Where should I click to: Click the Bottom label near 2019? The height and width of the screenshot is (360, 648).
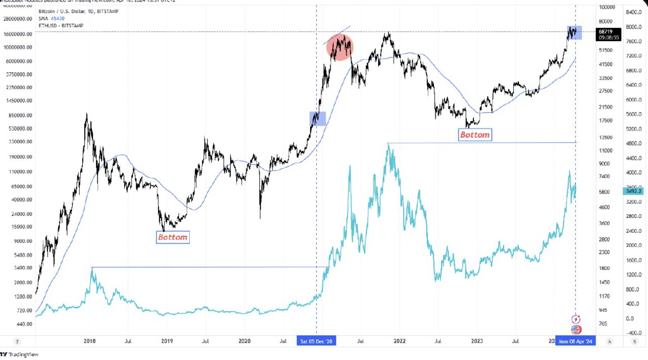pyautogui.click(x=173, y=237)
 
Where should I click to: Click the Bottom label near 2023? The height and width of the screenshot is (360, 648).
pyautogui.click(x=475, y=135)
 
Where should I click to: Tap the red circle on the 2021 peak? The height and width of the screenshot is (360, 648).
pyautogui.click(x=340, y=47)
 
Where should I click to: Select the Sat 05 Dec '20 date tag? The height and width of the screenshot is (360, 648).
pyautogui.click(x=316, y=341)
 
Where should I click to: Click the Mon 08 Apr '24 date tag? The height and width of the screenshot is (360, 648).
pyautogui.click(x=575, y=341)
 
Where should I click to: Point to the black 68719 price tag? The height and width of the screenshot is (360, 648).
pyautogui.click(x=608, y=34)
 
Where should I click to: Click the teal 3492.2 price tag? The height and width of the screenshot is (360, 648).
pyautogui.click(x=633, y=191)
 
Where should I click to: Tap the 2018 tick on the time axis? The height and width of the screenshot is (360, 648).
pyautogui.click(x=90, y=341)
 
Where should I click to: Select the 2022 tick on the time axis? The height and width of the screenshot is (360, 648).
pyautogui.click(x=399, y=341)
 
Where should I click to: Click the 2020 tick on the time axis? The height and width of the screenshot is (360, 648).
pyautogui.click(x=244, y=341)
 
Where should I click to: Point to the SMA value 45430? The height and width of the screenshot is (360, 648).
pyautogui.click(x=58, y=18)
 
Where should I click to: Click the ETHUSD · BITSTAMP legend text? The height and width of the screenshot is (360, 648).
pyautogui.click(x=61, y=25)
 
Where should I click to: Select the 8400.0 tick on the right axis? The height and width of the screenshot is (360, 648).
pyautogui.click(x=633, y=12)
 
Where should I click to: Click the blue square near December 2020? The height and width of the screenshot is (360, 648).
pyautogui.click(x=317, y=119)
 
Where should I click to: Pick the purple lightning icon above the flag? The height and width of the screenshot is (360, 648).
pyautogui.click(x=576, y=319)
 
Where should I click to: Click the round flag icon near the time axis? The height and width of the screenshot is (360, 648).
pyautogui.click(x=576, y=329)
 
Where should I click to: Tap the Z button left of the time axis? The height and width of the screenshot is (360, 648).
pyautogui.click(x=17, y=342)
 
